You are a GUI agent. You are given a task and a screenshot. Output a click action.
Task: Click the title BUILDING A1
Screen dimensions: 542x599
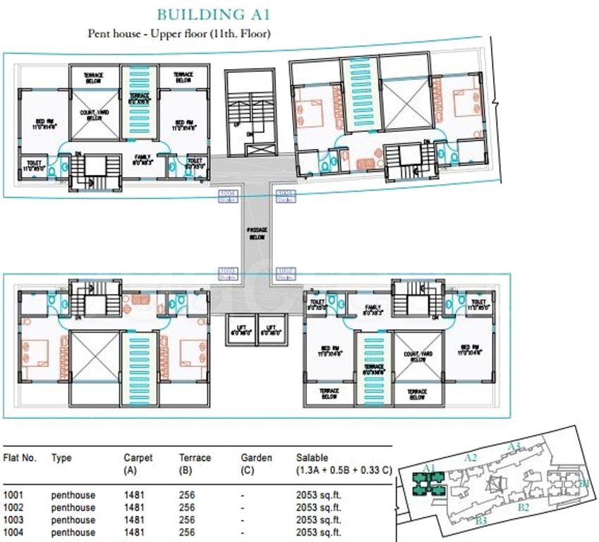[213, 14]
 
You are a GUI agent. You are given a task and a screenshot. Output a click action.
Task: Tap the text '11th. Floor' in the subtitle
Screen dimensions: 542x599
[238, 33]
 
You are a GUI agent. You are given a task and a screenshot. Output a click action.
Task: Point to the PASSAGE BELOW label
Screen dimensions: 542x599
[256, 234]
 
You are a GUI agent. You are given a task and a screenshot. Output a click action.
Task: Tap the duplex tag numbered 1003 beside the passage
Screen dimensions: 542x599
[227, 272]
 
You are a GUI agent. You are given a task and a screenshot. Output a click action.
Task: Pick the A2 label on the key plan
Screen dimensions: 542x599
[471, 458]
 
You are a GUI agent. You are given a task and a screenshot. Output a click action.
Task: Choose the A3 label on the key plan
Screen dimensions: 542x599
[514, 446]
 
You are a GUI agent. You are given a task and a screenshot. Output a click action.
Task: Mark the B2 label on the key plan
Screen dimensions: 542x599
[524, 507]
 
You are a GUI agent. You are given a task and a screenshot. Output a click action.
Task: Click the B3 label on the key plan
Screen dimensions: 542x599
[482, 521]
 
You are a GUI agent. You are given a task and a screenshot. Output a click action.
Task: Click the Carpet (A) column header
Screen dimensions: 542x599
[138, 463]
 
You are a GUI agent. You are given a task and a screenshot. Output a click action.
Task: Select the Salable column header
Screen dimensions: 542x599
[312, 458]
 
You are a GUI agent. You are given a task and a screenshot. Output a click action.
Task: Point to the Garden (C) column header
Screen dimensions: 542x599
[256, 463]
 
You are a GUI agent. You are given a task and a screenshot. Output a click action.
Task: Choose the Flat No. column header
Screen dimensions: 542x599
[20, 458]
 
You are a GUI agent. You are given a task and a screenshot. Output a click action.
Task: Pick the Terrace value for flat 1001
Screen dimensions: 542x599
[186, 495]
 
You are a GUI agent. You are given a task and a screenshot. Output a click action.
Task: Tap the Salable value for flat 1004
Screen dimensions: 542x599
[318, 532]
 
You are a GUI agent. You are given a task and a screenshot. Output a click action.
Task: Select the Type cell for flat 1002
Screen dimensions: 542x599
[73, 507]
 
